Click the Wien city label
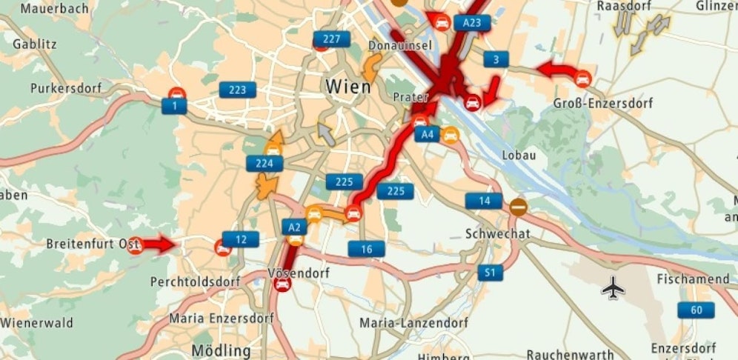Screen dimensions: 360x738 (348, 86)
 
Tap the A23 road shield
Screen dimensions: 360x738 (471, 23)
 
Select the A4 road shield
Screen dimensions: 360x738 (427, 134)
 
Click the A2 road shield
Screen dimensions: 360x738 (295, 227)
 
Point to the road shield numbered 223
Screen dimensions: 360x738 (237, 90)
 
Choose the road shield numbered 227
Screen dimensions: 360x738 (331, 39)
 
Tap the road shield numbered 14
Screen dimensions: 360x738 (484, 201)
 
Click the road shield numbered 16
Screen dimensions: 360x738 (367, 249)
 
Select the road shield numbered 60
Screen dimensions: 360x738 (696, 310)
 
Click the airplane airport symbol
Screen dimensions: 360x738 (613, 288)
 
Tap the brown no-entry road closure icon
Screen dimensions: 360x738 (519, 207)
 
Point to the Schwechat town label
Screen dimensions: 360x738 (497, 234)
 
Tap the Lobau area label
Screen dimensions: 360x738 (519, 156)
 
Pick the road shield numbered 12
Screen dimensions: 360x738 (241, 239)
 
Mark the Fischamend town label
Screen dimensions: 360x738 (693, 279)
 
